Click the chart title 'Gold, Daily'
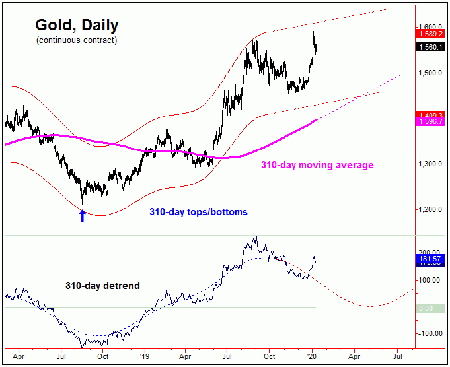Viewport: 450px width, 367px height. tap(77, 26)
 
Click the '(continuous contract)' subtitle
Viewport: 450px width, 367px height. tap(77, 41)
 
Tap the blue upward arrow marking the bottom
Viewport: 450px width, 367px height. tap(83, 215)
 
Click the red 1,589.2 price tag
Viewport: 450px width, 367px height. tap(430, 32)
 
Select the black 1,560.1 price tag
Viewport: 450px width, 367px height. tap(430, 46)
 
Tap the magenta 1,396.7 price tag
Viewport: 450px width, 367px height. tap(430, 122)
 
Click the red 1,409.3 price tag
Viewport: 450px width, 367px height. tap(430, 115)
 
